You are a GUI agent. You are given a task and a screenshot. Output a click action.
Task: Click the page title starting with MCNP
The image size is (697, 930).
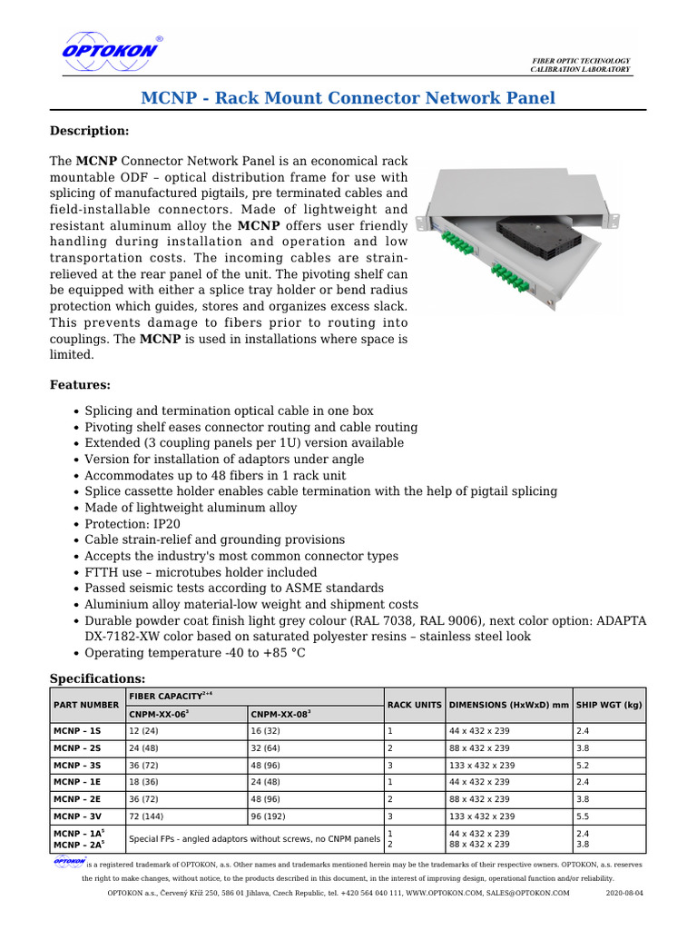[348, 97]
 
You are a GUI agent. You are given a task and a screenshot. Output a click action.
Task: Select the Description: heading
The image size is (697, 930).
[89, 132]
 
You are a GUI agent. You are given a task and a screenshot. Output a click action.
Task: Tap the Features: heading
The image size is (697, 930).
[80, 385]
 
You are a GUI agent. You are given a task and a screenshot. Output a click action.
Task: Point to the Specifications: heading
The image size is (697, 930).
[96, 678]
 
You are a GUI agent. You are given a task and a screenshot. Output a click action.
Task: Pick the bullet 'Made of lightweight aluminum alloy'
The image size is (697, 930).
[191, 508]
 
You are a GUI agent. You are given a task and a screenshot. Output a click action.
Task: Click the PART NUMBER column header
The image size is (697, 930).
[86, 705]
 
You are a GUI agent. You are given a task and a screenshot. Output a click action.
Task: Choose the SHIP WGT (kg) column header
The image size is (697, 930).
[609, 705]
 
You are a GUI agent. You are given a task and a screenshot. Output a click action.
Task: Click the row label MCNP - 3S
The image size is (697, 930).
[77, 766]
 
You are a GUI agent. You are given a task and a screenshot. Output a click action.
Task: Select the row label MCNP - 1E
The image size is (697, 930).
[77, 782]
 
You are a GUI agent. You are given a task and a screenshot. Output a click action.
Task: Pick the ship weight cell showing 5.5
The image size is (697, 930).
[584, 816]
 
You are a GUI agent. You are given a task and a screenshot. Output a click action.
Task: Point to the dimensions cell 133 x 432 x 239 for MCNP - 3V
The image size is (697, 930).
[479, 816]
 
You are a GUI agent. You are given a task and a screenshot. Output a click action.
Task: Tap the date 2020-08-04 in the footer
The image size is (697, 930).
[623, 894]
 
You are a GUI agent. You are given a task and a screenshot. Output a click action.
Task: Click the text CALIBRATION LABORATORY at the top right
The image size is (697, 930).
[580, 70]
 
